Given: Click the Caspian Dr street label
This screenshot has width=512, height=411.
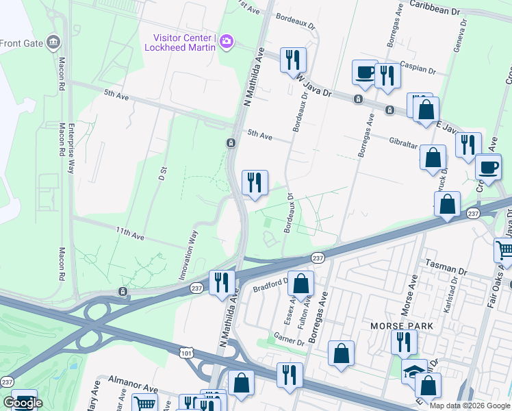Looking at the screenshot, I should coord(420,70).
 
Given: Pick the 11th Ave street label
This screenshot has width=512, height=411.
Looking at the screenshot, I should coord(129,233).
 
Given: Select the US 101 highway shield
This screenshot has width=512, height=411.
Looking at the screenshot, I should coord(195,351).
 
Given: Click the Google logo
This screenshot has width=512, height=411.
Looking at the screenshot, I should coord(23,403).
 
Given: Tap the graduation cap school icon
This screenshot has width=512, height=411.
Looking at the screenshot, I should coord(413,371).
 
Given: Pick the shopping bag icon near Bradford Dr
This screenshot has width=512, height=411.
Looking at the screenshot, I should coord(300,282).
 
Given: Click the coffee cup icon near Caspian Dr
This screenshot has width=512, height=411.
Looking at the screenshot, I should coord(364,72).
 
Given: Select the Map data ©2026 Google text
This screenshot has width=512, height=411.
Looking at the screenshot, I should coord(469,406).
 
